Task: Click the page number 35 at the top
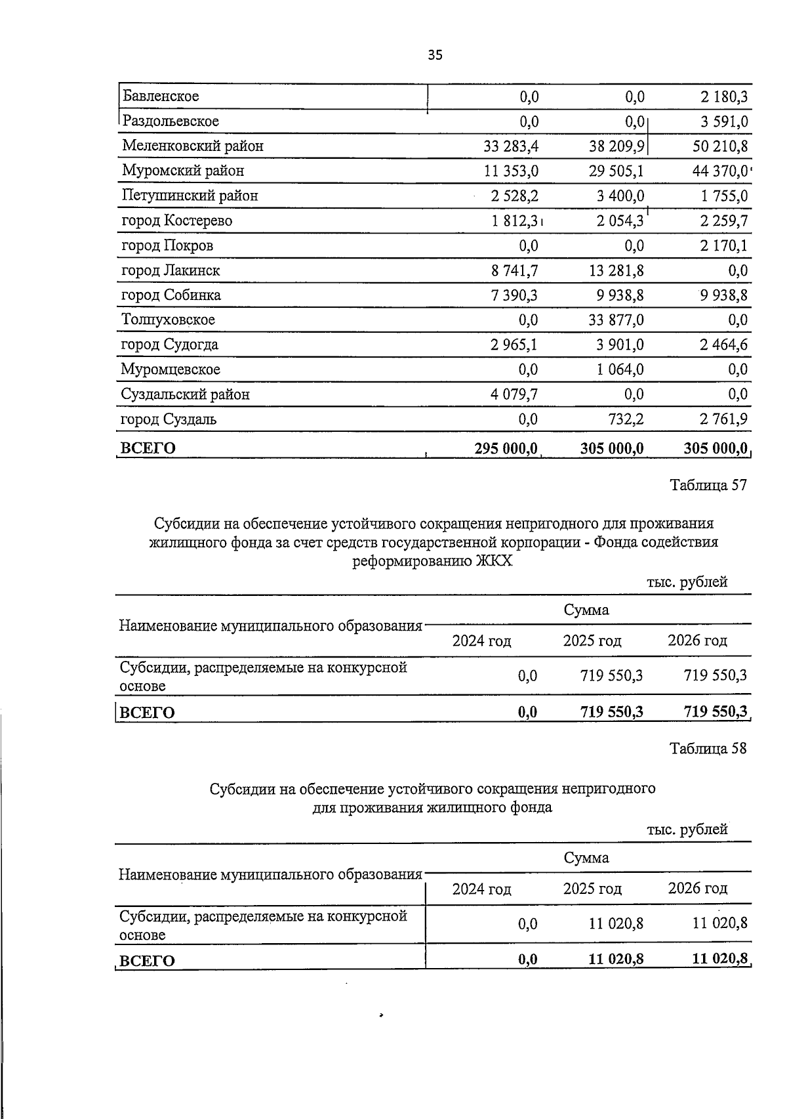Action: (x=435, y=55)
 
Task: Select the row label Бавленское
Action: (x=160, y=96)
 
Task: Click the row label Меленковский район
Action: (x=193, y=146)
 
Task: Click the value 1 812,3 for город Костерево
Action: (x=514, y=221)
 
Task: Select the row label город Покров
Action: (x=167, y=245)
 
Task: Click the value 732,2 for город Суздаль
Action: (x=626, y=419)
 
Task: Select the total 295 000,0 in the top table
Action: (x=506, y=448)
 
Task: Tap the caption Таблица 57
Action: (x=708, y=486)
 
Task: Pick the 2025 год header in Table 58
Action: (x=592, y=889)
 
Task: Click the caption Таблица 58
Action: (x=708, y=749)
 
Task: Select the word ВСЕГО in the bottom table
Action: (x=147, y=961)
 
